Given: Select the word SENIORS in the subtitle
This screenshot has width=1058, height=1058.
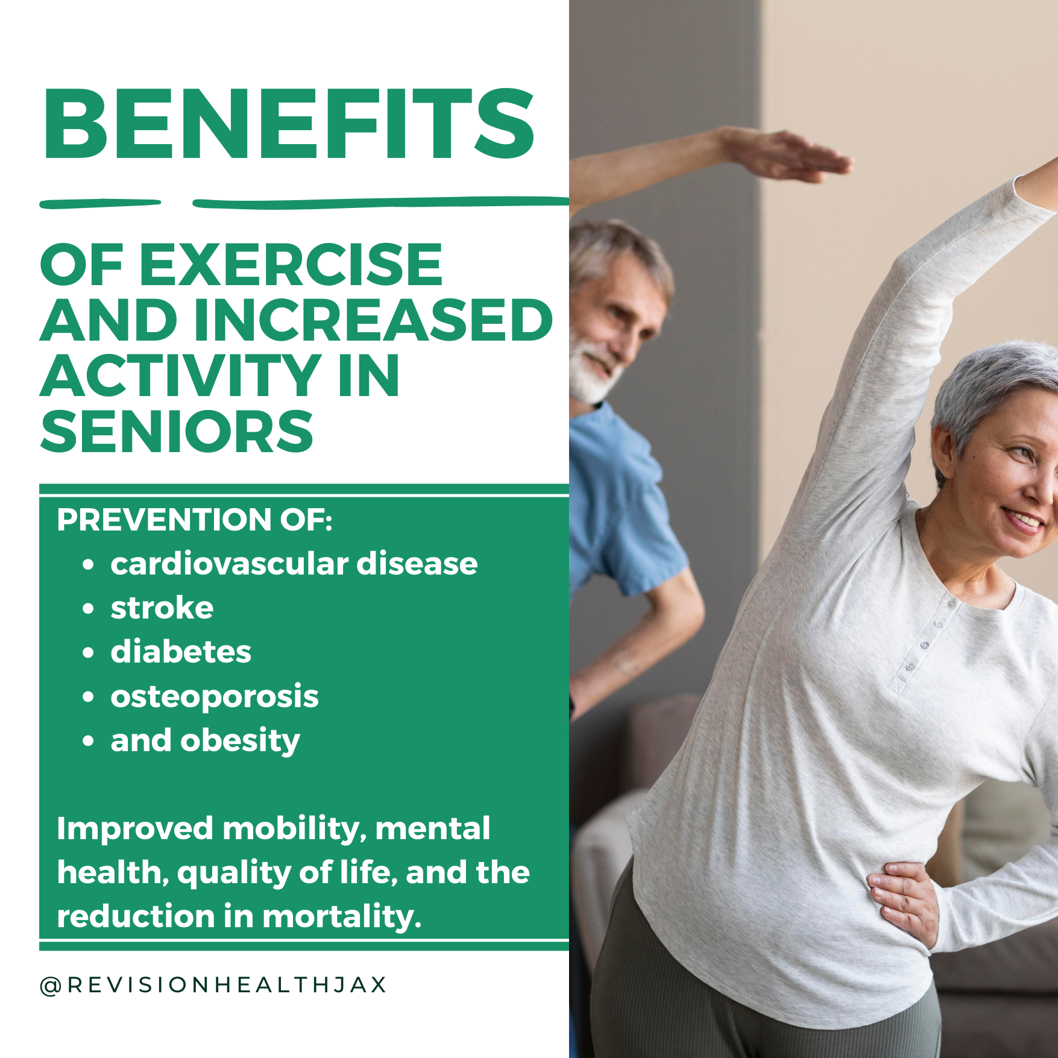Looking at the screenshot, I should point(177,431).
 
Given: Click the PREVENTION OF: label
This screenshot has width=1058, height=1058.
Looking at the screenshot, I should point(194,520).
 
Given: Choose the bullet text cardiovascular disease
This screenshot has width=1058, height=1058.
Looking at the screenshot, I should point(294,564).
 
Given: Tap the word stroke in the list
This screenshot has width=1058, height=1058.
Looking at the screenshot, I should point(162,608).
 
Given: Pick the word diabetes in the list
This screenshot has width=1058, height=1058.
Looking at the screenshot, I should point(181,652).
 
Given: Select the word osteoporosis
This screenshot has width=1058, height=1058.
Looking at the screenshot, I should point(214,697).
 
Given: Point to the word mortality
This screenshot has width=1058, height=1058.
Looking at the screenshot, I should point(341,916).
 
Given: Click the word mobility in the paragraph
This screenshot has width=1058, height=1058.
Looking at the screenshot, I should point(294,828).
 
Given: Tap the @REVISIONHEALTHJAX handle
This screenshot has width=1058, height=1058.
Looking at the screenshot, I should point(213,984).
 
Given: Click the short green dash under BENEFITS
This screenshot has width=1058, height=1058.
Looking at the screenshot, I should point(99,204).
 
